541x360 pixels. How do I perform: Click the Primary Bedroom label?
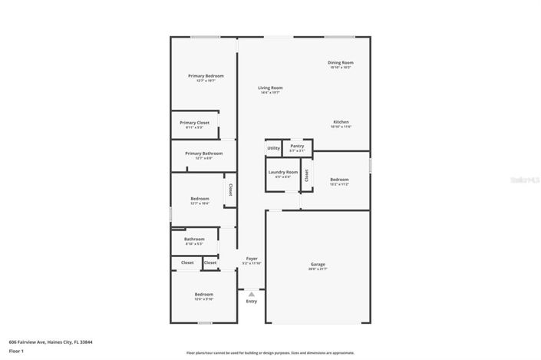pyautogui.click(x=206, y=76)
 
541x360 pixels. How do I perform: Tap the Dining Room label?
pyautogui.click(x=340, y=62)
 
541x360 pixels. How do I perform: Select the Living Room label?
pyautogui.click(x=270, y=88)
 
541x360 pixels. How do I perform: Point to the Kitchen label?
pyautogui.click(x=341, y=122)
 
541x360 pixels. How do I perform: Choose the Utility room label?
pyautogui.click(x=273, y=148)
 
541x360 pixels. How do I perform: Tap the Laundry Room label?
pyautogui.click(x=282, y=172)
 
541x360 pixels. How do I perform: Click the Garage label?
pyautogui.click(x=318, y=264)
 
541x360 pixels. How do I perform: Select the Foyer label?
pyautogui.click(x=251, y=259)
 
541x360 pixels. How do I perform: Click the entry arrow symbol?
pyautogui.click(x=251, y=293)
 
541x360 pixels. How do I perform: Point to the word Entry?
pyautogui.click(x=251, y=301)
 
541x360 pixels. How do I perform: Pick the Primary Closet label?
pyautogui.click(x=194, y=123)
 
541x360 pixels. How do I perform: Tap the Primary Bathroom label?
pyautogui.click(x=203, y=153)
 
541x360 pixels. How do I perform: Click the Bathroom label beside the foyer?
pyautogui.click(x=194, y=239)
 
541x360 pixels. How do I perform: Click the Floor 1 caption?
pyautogui.click(x=17, y=351)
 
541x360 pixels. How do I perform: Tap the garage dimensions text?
pyautogui.click(x=318, y=269)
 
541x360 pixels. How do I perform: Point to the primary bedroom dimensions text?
pyautogui.click(x=206, y=81)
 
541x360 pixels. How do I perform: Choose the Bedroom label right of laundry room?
pyautogui.click(x=338, y=180)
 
